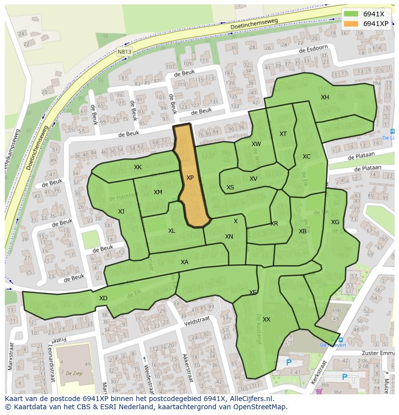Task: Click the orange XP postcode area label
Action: [190, 178]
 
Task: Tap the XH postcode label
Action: [325, 97]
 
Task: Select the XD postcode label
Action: [103, 298]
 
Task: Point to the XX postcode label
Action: [266, 320]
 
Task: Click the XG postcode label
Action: [335, 222]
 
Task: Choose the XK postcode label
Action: [138, 167]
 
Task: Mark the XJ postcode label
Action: [121, 211]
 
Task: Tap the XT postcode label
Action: [283, 134]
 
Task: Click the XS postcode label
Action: [230, 187]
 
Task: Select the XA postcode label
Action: [184, 262]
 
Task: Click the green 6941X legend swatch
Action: [351, 14]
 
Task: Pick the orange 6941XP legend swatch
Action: [351, 24]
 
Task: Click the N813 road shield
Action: [124, 51]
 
